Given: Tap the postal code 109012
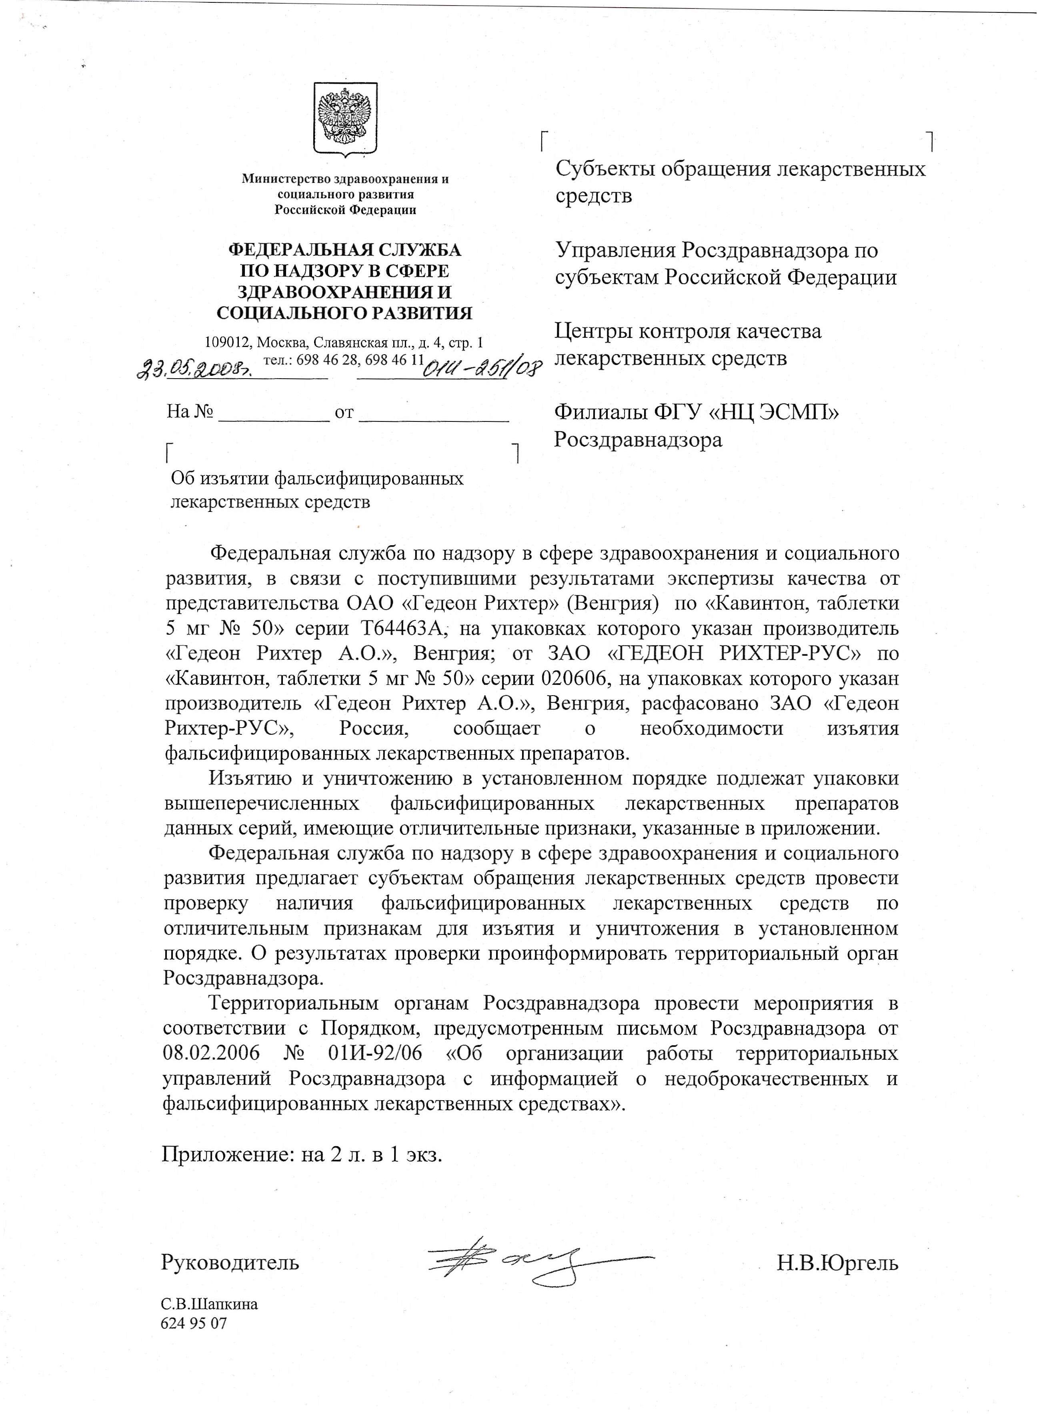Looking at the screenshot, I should (x=228, y=343).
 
